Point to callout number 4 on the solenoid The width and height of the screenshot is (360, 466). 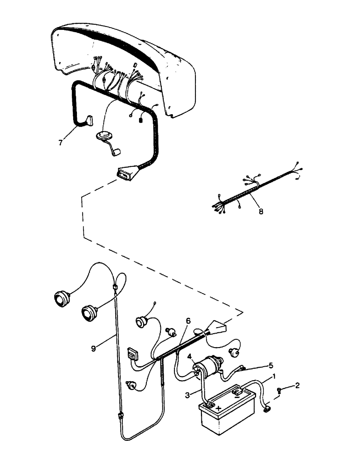click(x=190, y=357)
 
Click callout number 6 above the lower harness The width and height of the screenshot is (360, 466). click(x=188, y=321)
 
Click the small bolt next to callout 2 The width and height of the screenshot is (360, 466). click(x=279, y=391)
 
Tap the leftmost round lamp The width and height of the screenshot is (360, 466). click(x=61, y=297)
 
